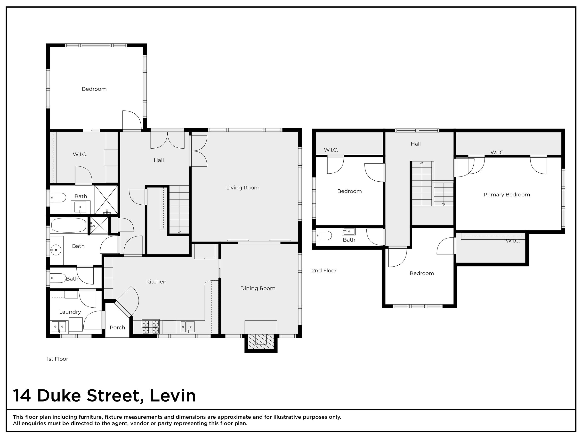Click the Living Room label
pos(242,188)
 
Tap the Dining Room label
pos(258,288)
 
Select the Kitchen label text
pos(156,282)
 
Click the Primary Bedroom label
pos(507,195)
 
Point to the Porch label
pos(117,328)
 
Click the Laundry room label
pos(70,312)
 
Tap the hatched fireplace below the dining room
pos(261,342)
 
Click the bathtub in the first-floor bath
pos(69,225)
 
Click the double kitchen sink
pos(188,327)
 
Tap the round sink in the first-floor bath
pos(56,249)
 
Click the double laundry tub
pos(59,327)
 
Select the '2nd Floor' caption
pos(324,270)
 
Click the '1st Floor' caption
pos(57,359)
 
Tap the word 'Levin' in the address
pos(173,395)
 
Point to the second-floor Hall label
pos(416,144)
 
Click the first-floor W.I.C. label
pos(80,154)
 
